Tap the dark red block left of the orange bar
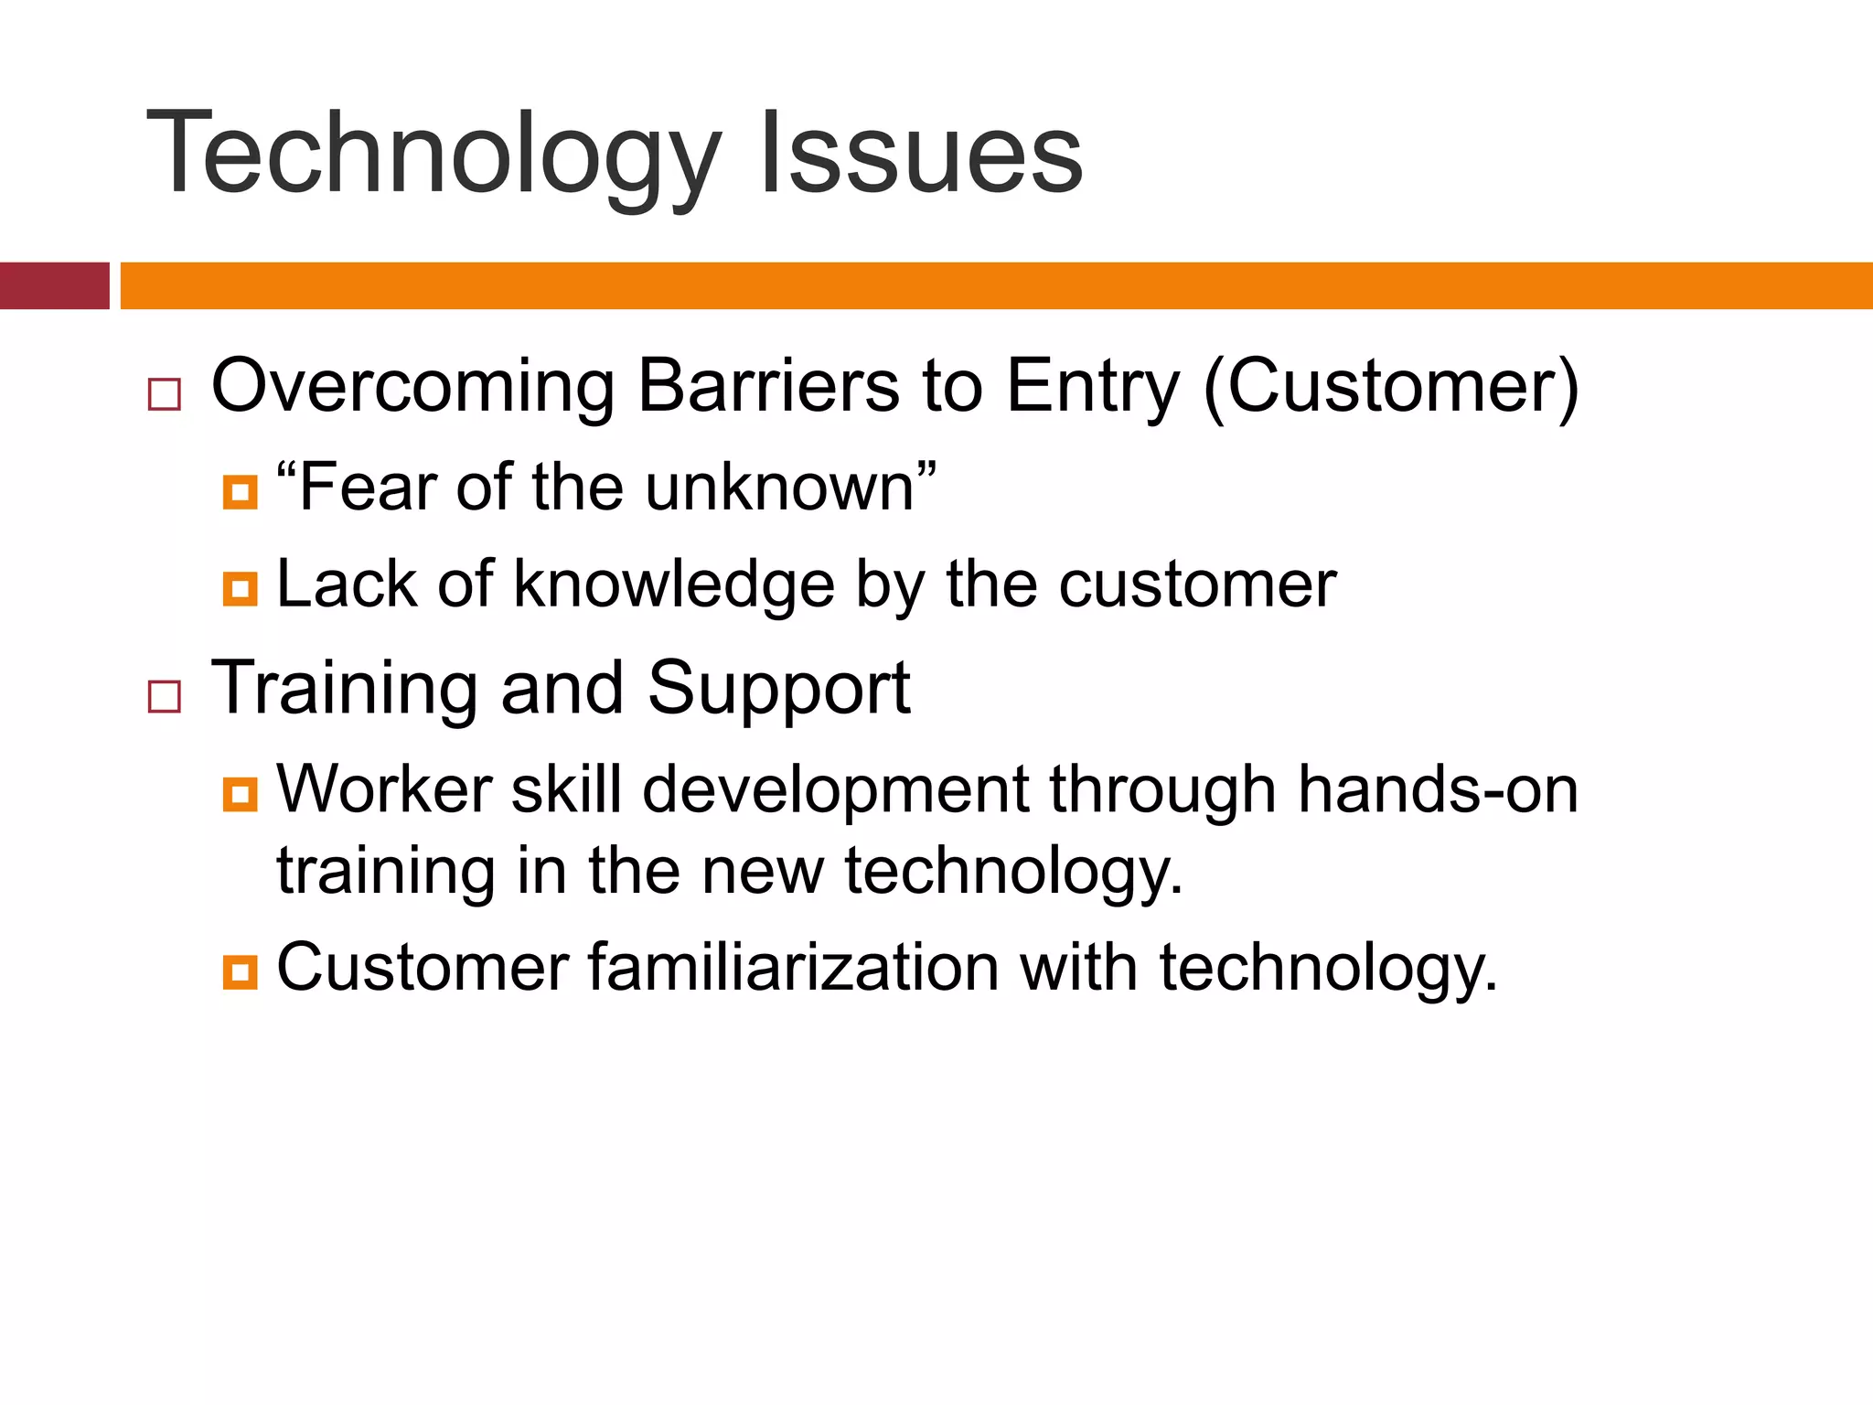tap(54, 285)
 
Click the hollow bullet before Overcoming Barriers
tap(165, 395)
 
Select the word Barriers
tap(768, 386)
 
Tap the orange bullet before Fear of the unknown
tap(240, 492)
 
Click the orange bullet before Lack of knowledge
tap(240, 588)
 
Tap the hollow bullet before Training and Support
tap(165, 697)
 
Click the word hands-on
tap(1438, 788)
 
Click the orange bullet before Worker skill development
tap(240, 793)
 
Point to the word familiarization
tap(793, 966)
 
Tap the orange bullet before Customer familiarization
tap(240, 971)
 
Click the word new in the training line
tap(763, 871)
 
